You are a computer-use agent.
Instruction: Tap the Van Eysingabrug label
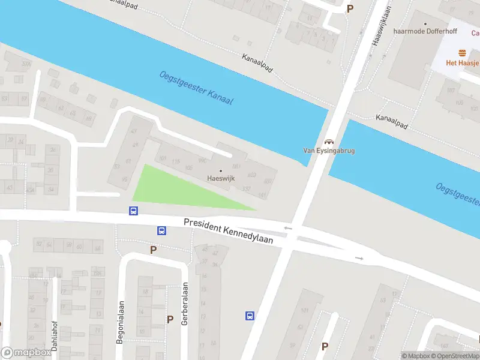328,151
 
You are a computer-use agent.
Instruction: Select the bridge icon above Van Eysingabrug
328,142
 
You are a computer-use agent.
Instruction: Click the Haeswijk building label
220,178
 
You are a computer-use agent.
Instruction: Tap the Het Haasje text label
461,63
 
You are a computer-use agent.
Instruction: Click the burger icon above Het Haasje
462,53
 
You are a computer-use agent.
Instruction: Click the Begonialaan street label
121,322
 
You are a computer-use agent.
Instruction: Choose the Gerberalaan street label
185,301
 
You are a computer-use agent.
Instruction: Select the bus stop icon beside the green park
133,211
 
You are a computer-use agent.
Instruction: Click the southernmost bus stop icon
250,316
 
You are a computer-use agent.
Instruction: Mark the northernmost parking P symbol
350,8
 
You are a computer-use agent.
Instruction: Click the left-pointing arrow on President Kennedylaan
288,228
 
